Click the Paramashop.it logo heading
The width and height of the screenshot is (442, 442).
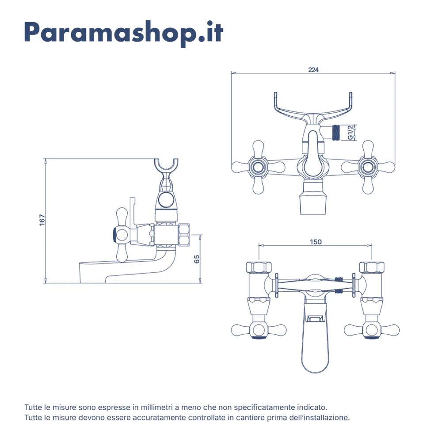click(124, 32)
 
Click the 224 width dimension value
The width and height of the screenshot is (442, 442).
click(313, 69)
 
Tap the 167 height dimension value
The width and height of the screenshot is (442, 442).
click(42, 221)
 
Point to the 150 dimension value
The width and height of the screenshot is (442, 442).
click(316, 242)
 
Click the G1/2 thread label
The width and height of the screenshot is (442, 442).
click(350, 133)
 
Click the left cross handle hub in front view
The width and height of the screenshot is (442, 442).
click(258, 167)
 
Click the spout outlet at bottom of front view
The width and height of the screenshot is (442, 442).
click(313, 201)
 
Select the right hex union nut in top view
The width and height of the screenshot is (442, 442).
click(372, 267)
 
